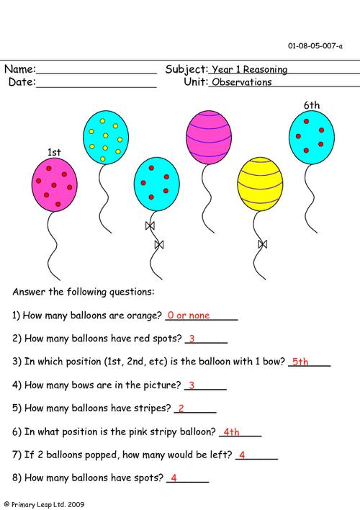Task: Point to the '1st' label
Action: click(54, 152)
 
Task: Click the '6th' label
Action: click(311, 105)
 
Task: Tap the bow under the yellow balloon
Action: click(263, 243)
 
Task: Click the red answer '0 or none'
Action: click(189, 316)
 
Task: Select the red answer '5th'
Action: click(300, 362)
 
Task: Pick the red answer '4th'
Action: click(231, 432)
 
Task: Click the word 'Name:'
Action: click(19, 70)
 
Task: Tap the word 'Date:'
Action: click(22, 82)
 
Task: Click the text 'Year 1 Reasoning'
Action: click(249, 70)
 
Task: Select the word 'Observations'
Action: click(241, 82)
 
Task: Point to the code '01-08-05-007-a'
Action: click(315, 45)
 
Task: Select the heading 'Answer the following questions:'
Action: click(83, 292)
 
